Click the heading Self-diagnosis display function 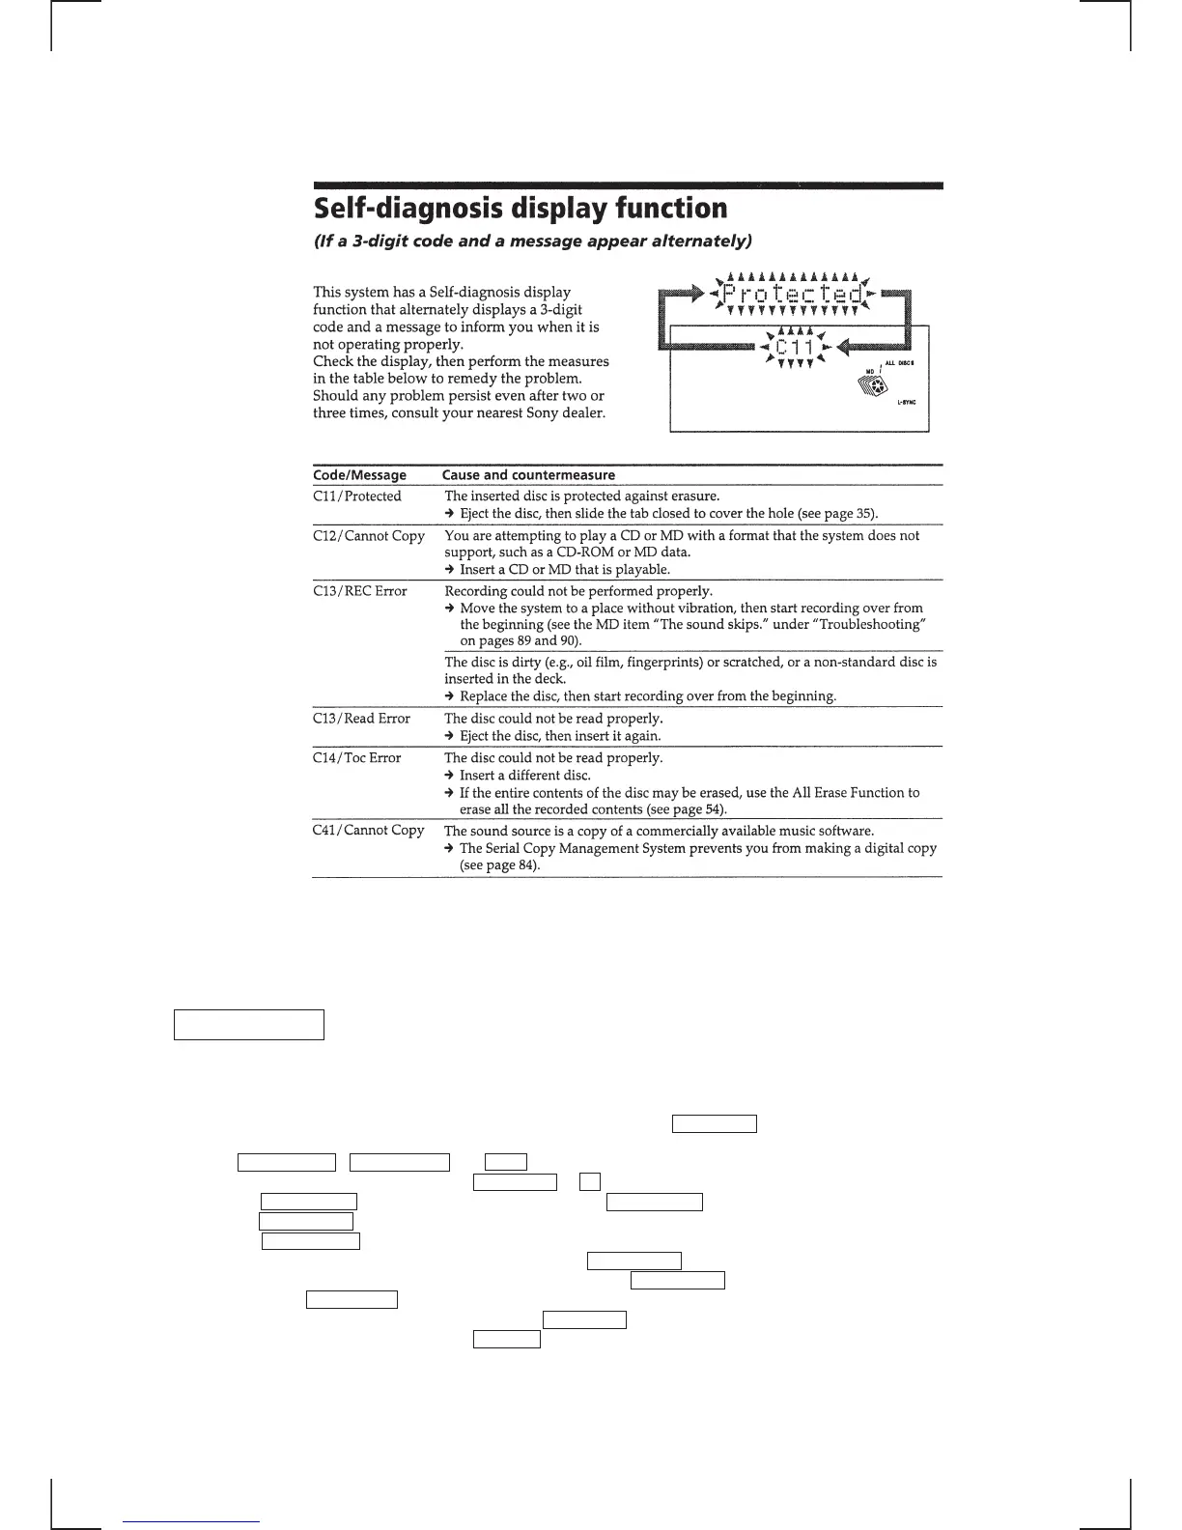point(521,209)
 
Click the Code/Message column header point(359,475)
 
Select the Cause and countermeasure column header point(528,475)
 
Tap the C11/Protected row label point(357,496)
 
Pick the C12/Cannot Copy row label point(369,536)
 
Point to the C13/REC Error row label point(360,591)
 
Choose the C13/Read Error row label point(361,719)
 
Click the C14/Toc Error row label point(356,758)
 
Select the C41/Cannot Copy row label point(369,831)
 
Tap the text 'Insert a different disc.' point(524,776)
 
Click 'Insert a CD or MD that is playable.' point(564,570)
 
